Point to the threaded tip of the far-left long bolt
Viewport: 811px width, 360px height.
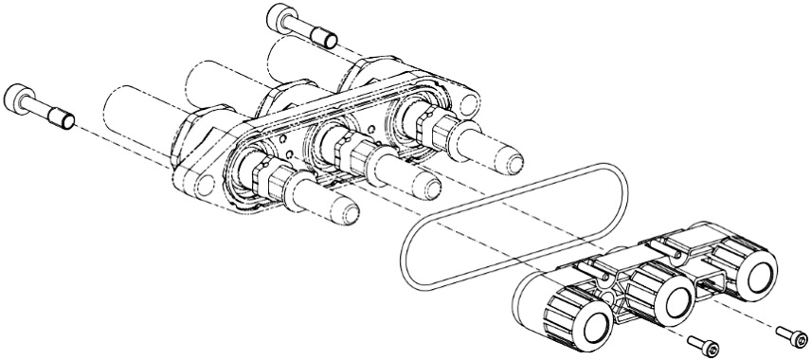click(65, 119)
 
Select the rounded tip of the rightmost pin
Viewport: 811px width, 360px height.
click(512, 153)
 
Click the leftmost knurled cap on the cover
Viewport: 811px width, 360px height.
click(580, 318)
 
